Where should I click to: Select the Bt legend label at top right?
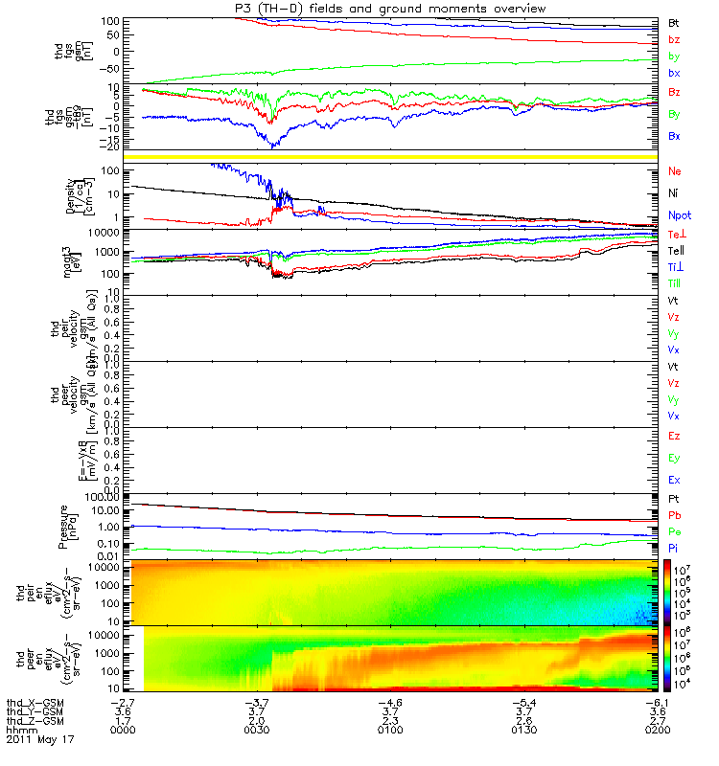click(x=674, y=21)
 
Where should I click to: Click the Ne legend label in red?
click(x=675, y=171)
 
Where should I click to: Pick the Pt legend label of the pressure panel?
click(x=674, y=499)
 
